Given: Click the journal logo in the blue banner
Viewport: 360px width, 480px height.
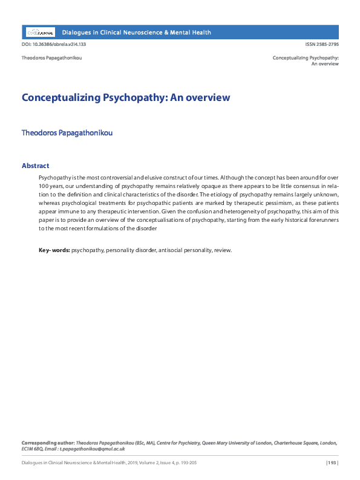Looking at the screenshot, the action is [x=40, y=32].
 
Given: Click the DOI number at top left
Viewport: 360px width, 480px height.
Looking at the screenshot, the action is [x=53, y=45].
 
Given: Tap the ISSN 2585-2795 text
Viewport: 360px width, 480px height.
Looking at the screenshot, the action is [x=322, y=45].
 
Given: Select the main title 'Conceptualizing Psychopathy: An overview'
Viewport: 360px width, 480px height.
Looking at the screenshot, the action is [x=126, y=97].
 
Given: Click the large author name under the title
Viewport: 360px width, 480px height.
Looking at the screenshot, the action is [x=67, y=132].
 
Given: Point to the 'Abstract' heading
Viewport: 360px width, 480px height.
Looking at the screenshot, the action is [x=35, y=166].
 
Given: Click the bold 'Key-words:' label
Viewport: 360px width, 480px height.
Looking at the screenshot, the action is [x=54, y=250].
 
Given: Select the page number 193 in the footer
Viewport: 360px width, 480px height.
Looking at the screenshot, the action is [x=332, y=463].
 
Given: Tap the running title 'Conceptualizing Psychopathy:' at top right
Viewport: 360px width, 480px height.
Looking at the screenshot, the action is [x=305, y=58].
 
